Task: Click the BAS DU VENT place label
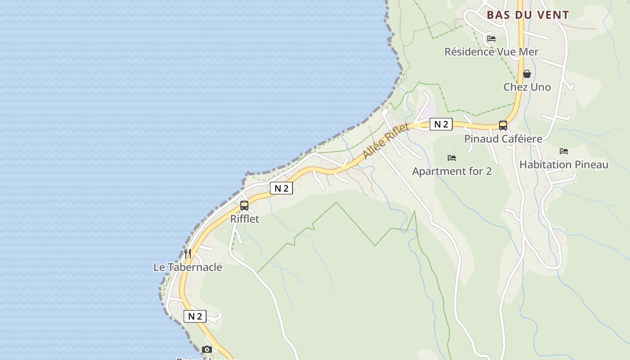pyautogui.click(x=528, y=15)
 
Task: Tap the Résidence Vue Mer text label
pyautogui.click(x=491, y=52)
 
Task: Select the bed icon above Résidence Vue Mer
pyautogui.click(x=491, y=39)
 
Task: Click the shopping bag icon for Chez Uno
pyautogui.click(x=527, y=74)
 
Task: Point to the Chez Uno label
pyautogui.click(x=527, y=87)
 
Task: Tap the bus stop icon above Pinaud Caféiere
pyautogui.click(x=503, y=126)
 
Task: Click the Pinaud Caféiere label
pyautogui.click(x=503, y=139)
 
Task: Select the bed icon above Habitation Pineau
pyautogui.click(x=563, y=151)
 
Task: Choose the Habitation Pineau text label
pyautogui.click(x=564, y=165)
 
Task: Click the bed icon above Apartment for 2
pyautogui.click(x=452, y=158)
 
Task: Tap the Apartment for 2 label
pyautogui.click(x=452, y=171)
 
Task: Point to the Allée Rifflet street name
pyautogui.click(x=386, y=141)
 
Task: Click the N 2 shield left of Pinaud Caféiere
pyautogui.click(x=441, y=124)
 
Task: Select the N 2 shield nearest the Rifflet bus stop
pyautogui.click(x=281, y=188)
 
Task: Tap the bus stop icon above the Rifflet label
pyautogui.click(x=244, y=206)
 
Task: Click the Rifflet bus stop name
pyautogui.click(x=245, y=219)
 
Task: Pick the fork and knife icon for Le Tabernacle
pyautogui.click(x=188, y=254)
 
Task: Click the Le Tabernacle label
pyautogui.click(x=188, y=267)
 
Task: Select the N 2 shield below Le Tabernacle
pyautogui.click(x=195, y=316)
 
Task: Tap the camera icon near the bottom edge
pyautogui.click(x=207, y=349)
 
